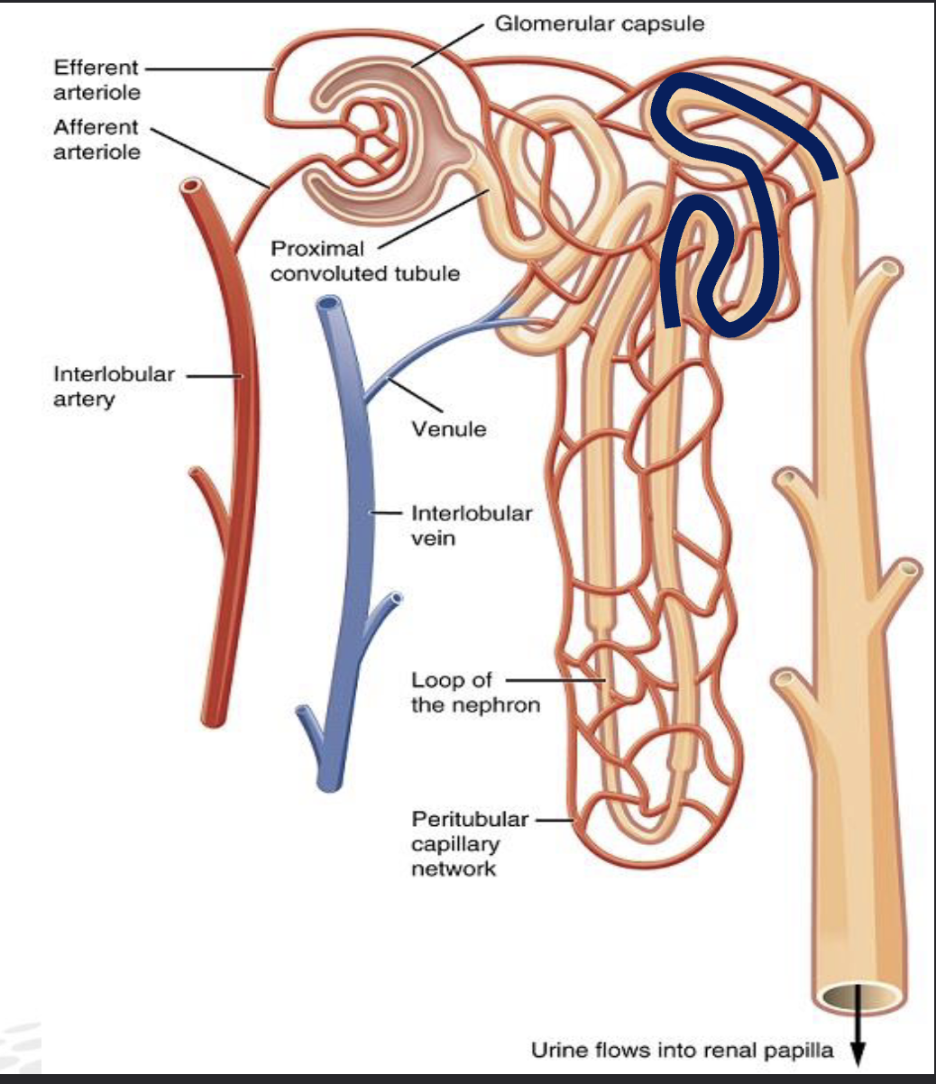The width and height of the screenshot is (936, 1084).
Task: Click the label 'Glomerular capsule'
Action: (600, 23)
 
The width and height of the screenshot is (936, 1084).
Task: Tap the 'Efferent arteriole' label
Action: (96, 79)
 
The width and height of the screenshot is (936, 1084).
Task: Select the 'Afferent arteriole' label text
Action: (96, 139)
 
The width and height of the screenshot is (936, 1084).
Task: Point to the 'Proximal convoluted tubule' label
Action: (364, 261)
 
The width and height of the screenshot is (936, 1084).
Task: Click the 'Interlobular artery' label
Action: (114, 386)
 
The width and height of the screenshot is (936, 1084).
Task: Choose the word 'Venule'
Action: (448, 428)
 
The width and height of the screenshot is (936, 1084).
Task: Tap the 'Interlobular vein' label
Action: (471, 525)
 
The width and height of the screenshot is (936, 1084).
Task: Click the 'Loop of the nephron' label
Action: (474, 692)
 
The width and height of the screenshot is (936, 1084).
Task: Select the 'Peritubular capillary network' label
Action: (469, 843)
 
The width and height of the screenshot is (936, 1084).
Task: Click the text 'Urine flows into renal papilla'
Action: (682, 1049)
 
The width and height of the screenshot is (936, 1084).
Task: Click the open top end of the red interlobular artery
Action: (190, 188)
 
